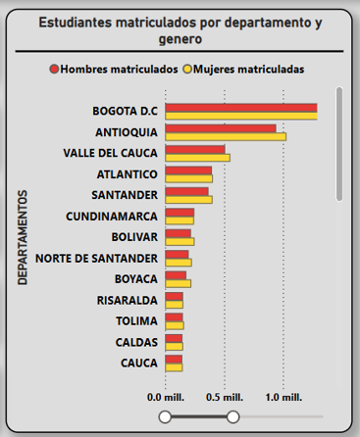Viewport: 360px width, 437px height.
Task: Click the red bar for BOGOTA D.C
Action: click(240, 107)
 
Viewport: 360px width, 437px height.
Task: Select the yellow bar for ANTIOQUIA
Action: click(225, 136)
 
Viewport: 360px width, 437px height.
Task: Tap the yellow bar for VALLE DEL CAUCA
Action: click(197, 157)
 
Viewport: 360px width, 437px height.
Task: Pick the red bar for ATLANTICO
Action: click(188, 170)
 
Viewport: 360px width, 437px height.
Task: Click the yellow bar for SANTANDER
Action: click(188, 200)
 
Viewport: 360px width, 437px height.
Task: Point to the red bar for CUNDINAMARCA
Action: click(180, 213)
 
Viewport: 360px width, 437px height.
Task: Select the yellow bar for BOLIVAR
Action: click(180, 241)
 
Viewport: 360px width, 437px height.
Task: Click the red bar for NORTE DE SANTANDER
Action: click(177, 255)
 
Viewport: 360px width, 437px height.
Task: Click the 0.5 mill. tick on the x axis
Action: click(225, 399)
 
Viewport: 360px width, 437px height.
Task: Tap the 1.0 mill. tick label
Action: click(283, 399)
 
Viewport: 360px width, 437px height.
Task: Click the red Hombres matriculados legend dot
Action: click(54, 70)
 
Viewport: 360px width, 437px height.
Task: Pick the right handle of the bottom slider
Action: click(233, 418)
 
